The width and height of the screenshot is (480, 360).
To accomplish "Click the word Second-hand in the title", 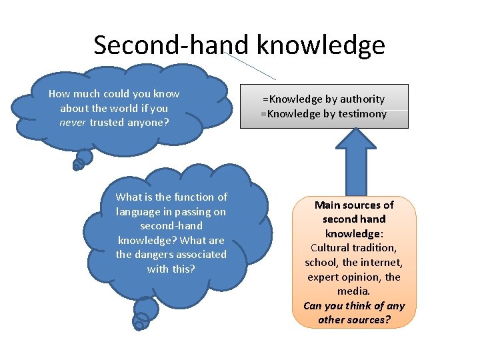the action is click(x=171, y=45).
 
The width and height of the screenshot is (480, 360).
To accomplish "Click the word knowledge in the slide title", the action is click(x=321, y=45).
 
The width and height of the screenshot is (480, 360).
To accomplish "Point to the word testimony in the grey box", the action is click(x=357, y=114).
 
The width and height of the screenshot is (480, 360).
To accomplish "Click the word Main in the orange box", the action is click(x=328, y=205).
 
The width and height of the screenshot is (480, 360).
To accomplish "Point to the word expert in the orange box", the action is click(x=325, y=277).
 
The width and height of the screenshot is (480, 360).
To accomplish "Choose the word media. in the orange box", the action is click(x=354, y=291).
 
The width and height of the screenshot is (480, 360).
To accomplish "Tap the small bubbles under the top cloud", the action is click(x=82, y=159).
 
